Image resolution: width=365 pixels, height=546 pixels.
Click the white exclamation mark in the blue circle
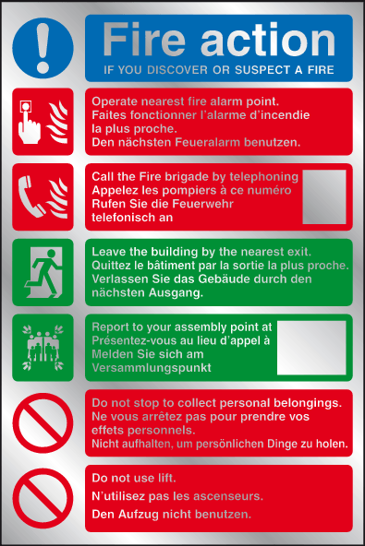[43, 48]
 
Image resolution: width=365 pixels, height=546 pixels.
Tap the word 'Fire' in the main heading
[144, 40]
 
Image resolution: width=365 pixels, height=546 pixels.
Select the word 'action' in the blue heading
[268, 40]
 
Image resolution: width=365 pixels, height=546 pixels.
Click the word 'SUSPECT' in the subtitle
[262, 70]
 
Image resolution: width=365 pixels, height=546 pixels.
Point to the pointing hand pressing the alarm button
[29, 123]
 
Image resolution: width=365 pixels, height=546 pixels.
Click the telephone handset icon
[30, 196]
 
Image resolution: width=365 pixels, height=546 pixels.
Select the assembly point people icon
[43, 348]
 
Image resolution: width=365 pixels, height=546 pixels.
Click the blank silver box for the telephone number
[324, 196]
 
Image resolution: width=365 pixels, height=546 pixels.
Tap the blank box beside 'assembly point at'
[311, 348]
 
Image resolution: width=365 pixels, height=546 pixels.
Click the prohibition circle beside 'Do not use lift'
[43, 498]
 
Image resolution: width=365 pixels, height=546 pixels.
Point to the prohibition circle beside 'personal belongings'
[43, 423]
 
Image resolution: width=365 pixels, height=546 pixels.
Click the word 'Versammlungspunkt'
[152, 368]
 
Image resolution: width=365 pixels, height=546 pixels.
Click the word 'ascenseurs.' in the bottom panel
[228, 496]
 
